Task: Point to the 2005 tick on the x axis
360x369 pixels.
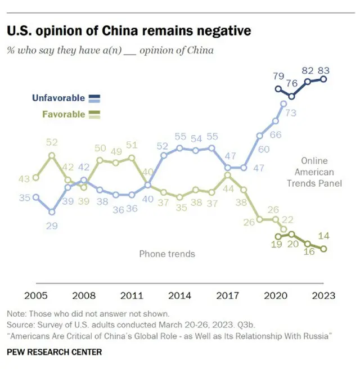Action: point(35,295)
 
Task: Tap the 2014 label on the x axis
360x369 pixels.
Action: point(179,295)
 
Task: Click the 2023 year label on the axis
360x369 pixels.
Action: point(323,295)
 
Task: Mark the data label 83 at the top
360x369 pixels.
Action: point(323,70)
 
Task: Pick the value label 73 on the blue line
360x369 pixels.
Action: point(292,113)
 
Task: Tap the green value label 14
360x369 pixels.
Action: point(323,236)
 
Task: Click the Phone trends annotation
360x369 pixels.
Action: point(167,254)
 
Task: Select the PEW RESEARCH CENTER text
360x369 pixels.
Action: point(55,352)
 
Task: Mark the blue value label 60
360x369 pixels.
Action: point(263,150)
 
